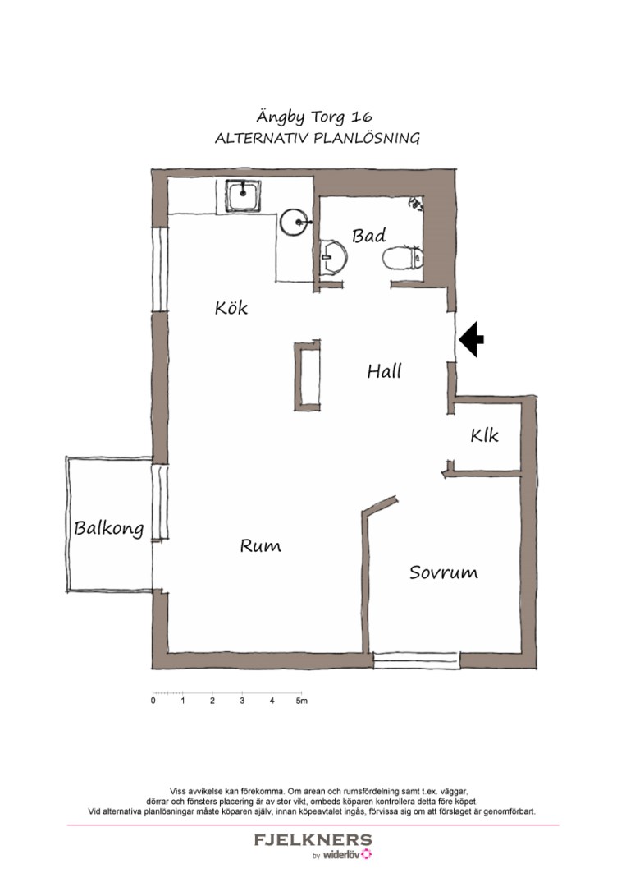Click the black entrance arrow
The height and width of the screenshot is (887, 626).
pos(472,339)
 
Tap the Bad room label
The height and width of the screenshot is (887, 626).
pos(368,236)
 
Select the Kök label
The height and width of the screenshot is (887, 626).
pos(231,308)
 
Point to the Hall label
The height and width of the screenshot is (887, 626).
pos(384,371)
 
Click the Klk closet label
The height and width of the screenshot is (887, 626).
pos(484,436)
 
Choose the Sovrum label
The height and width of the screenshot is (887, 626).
pos(443,572)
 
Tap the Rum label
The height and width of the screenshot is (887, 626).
pos(260,545)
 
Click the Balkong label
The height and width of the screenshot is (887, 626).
pos(108,528)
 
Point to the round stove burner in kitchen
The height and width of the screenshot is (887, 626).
pos(295,222)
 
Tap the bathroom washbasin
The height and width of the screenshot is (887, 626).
pos(334,257)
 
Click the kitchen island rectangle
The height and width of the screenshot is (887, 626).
pos(307,375)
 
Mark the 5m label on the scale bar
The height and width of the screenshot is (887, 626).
pos(302,701)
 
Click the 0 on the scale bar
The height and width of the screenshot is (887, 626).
pos(153,701)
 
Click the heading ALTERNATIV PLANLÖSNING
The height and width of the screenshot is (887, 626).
pos(317,139)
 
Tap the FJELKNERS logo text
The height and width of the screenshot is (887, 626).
pos(313,840)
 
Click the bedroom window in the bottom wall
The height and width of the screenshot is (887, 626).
pos(416,660)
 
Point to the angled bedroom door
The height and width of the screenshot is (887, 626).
pos(380,504)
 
